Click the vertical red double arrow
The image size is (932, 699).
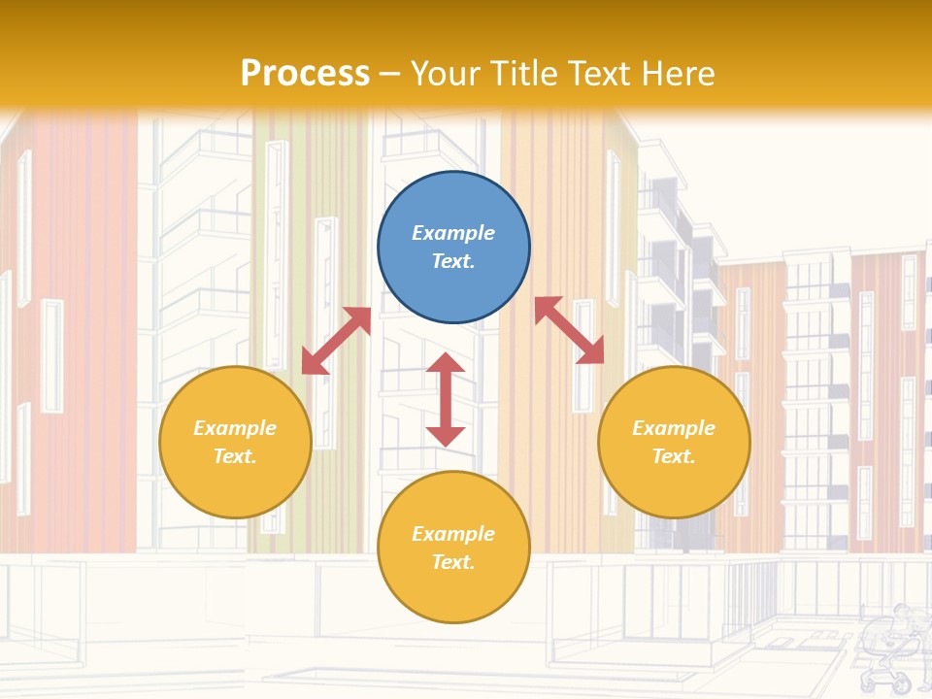click(446, 400)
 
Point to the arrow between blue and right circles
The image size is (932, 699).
click(569, 330)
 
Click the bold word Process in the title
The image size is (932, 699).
click(305, 73)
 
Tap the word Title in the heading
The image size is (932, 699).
click(525, 73)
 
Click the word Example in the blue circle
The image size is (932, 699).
click(453, 233)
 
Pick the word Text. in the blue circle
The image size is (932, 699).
click(453, 261)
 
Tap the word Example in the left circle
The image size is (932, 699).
click(235, 428)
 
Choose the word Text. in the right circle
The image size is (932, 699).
click(674, 456)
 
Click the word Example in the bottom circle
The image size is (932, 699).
click(453, 534)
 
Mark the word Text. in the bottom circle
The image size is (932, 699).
click(453, 562)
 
